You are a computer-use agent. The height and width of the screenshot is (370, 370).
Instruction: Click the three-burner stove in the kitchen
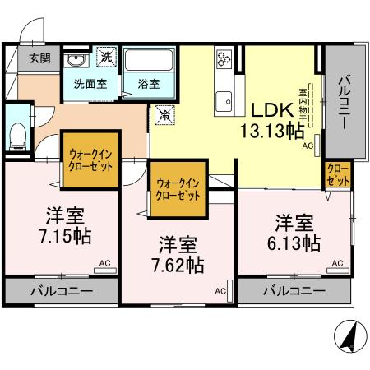(224, 60)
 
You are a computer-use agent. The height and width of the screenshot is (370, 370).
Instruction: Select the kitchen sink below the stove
(224, 101)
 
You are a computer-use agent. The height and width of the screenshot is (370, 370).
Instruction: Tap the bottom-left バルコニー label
(62, 292)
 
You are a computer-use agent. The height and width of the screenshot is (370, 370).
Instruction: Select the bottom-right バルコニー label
(294, 291)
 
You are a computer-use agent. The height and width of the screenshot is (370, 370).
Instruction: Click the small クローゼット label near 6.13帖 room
(336, 173)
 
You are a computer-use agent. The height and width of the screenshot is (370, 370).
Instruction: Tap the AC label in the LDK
(308, 146)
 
